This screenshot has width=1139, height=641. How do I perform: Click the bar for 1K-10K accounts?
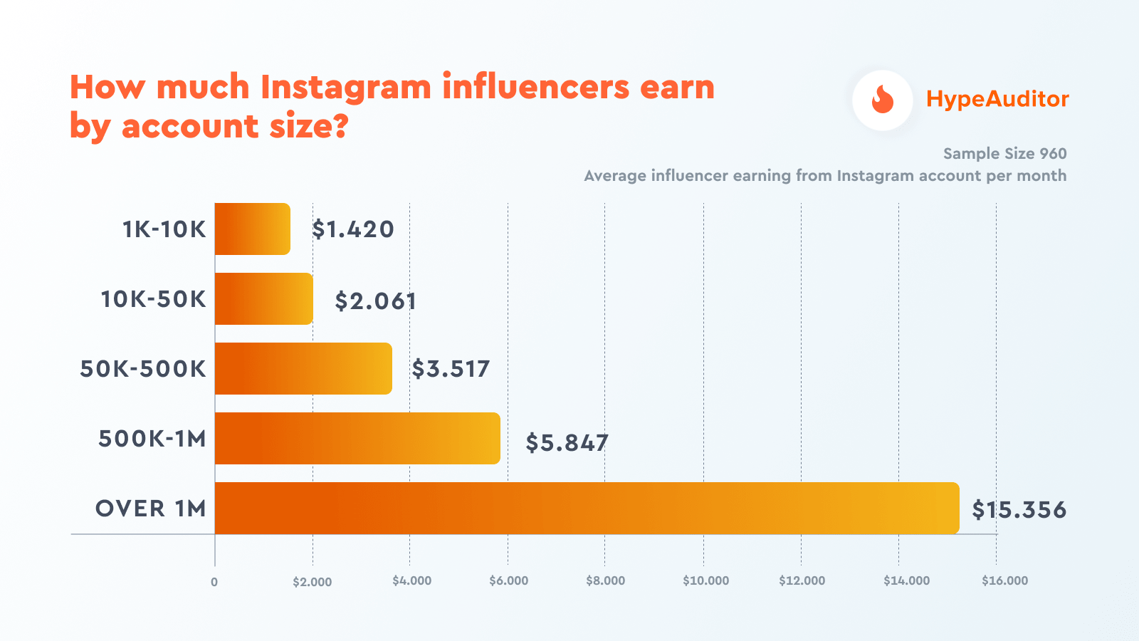252,229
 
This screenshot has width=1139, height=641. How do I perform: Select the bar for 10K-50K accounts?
263,299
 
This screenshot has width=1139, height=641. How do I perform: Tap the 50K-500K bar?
303,369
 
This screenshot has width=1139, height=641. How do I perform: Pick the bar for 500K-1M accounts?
357,439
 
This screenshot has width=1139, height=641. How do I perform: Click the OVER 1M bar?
587,509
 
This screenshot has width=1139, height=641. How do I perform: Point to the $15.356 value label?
1019,510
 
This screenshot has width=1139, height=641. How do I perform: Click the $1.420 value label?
353,229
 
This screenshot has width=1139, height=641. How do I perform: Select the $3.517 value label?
451,369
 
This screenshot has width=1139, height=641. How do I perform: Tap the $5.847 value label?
567,443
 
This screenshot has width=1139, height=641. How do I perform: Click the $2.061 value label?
376,301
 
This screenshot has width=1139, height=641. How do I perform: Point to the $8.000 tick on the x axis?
605,580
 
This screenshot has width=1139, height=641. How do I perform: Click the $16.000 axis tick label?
1004,580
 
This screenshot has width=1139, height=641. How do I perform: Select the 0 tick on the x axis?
214,582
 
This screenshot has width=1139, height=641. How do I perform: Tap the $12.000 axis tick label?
802,580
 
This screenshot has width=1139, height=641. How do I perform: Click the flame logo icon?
883,100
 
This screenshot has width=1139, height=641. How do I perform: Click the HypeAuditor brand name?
997,99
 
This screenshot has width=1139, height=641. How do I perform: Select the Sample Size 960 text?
1004,154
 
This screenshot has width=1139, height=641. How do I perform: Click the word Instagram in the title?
346,88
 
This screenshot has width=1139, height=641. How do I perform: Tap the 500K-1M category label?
152,439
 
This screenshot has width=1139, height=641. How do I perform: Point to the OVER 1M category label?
151,509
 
